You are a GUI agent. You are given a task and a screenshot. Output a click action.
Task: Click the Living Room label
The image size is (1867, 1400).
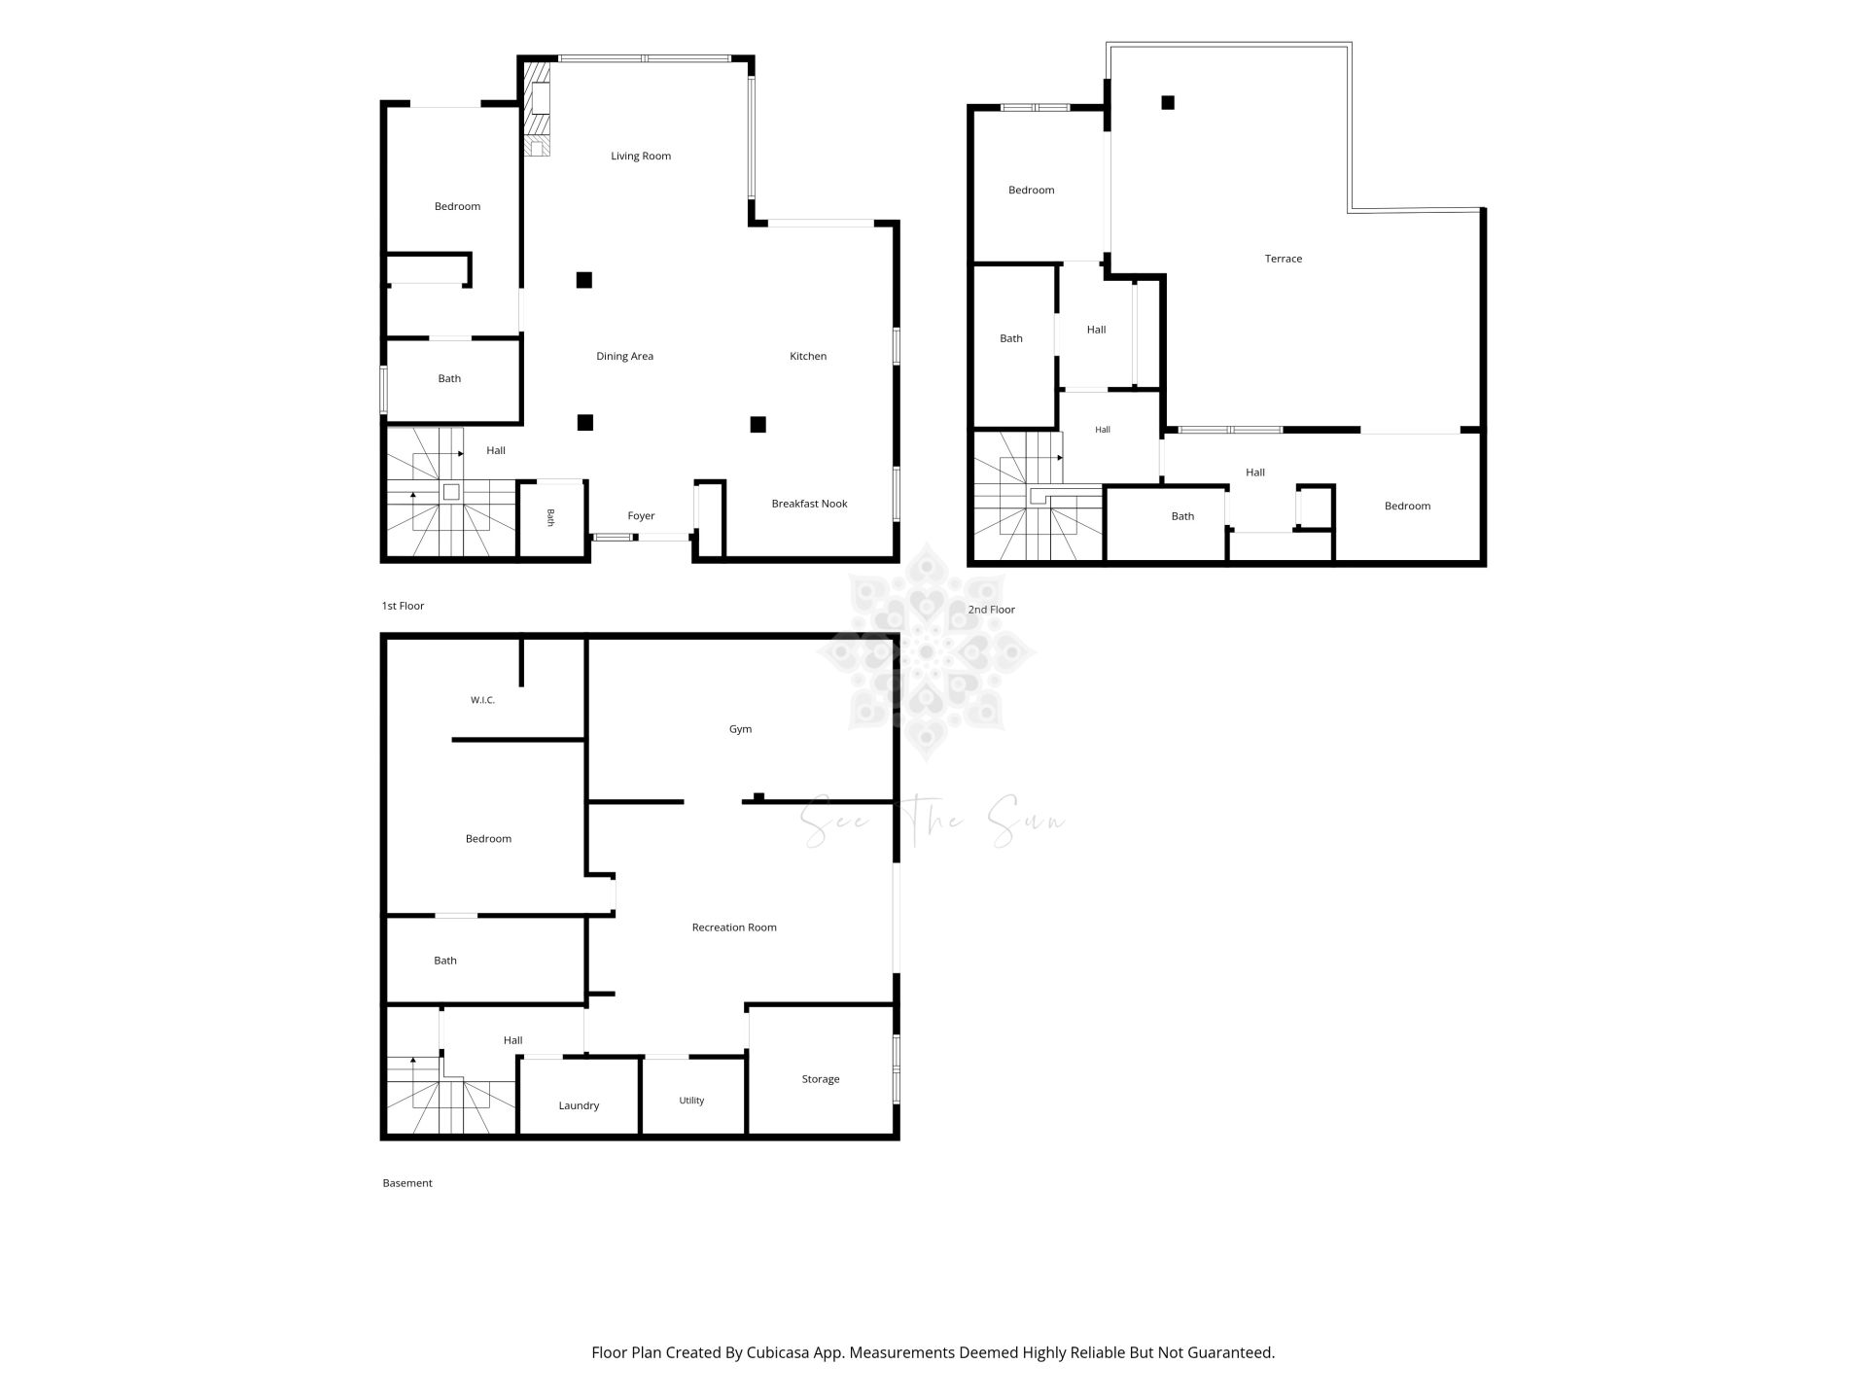point(641,156)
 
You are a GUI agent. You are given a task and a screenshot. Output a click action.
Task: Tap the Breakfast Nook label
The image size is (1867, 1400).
point(809,504)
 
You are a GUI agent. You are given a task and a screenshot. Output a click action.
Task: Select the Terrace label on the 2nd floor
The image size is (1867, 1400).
point(1284,259)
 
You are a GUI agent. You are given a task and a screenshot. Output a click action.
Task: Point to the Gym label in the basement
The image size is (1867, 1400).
point(740,729)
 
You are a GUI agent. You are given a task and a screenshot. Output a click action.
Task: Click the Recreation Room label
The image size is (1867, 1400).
point(734,927)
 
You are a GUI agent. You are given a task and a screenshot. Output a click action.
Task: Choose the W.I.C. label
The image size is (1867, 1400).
point(482,700)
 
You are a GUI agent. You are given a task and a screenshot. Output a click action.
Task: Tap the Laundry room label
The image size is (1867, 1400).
point(579,1105)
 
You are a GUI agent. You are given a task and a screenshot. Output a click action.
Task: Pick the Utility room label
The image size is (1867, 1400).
point(691,1101)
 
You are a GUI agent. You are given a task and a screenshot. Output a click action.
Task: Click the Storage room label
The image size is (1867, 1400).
point(821,1079)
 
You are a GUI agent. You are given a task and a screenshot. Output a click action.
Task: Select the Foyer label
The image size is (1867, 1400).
point(641,516)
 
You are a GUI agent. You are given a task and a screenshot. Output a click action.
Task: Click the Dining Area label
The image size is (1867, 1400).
point(624,356)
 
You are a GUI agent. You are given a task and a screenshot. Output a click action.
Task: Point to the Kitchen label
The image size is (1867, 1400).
point(808,356)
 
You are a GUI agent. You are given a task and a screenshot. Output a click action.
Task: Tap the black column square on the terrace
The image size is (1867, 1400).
point(1168,102)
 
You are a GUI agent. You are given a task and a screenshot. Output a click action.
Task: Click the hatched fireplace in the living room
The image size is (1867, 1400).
point(537,109)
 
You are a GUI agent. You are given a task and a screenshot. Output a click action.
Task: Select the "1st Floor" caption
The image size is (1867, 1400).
point(403,606)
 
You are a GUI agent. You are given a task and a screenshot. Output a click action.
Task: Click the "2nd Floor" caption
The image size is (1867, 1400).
point(991,610)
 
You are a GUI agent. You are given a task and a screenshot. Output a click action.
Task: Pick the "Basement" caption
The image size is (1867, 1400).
point(407,1183)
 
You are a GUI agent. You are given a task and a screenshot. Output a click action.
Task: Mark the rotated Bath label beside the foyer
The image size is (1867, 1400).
point(550,518)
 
